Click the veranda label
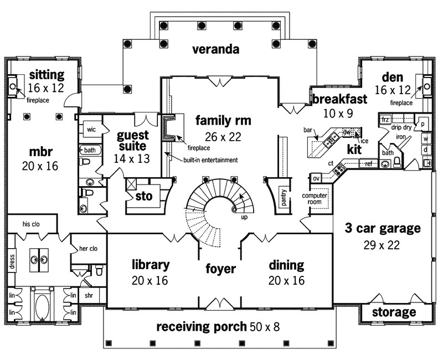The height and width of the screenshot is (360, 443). tap(215, 50)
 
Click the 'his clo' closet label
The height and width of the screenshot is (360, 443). tap(32, 224)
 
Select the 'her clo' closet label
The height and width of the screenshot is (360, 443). tap(89, 249)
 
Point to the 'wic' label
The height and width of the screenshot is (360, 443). tap(91, 129)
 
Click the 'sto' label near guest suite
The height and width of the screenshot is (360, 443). tap(143, 196)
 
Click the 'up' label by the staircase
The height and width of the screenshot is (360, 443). tap(244, 217)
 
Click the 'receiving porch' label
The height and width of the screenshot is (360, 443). tap(200, 326)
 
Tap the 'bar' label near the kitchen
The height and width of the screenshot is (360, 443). tap(307, 130)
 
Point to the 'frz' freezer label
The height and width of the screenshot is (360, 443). tap(385, 119)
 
